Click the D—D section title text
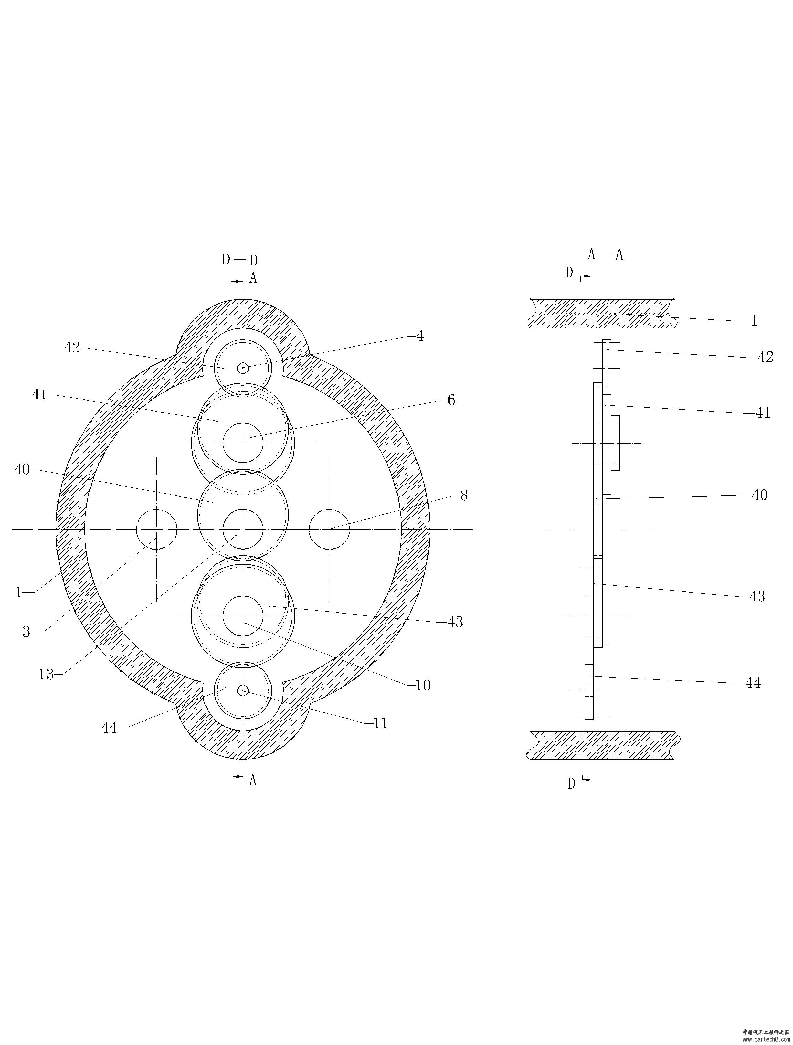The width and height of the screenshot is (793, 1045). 241,260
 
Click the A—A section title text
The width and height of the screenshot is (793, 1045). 605,255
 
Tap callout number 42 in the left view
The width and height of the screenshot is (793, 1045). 72,348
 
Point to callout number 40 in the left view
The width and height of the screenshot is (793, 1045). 22,470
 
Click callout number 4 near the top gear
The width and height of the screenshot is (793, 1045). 420,336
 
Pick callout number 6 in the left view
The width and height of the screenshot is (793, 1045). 451,401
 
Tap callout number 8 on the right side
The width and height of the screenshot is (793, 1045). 464,495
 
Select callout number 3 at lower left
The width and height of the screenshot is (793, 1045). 27,632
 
